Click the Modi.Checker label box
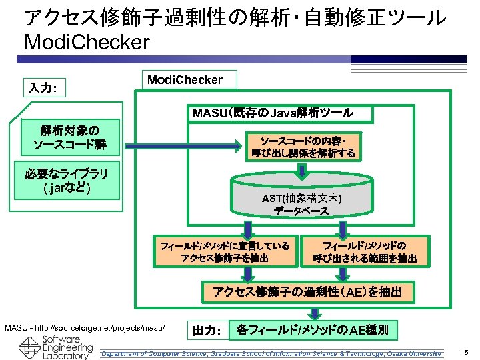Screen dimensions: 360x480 click(x=185, y=80)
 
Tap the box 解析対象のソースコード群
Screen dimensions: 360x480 click(x=69, y=136)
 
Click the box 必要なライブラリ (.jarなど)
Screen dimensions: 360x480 click(x=69, y=179)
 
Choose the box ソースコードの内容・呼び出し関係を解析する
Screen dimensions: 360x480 click(x=303, y=148)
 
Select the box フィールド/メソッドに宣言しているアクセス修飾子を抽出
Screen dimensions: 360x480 click(x=225, y=252)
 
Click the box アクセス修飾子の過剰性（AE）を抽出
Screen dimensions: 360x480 click(x=312, y=291)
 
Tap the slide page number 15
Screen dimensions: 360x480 click(x=464, y=352)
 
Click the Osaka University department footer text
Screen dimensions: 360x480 click(x=271, y=353)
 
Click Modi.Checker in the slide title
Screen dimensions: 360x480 click(x=87, y=43)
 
